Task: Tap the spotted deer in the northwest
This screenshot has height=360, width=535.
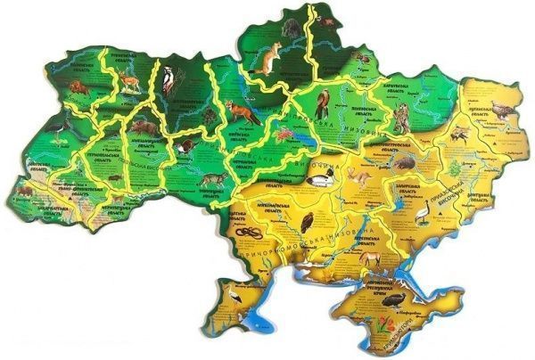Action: [x=130, y=82]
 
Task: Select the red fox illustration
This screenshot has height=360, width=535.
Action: [x=241, y=111]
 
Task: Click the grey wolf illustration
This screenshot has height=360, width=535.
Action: [x=212, y=180]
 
